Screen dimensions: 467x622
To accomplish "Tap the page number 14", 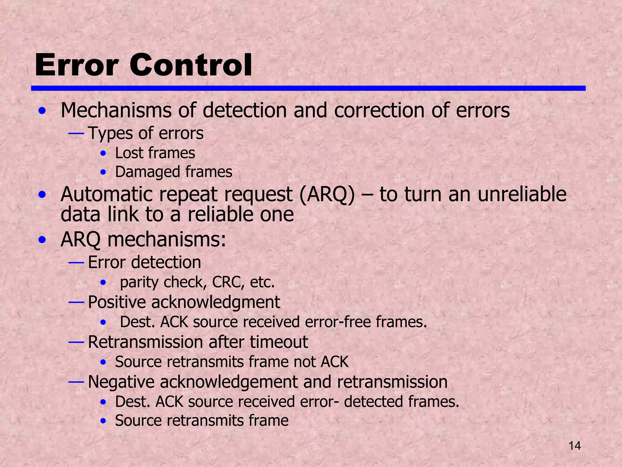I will tap(574, 446).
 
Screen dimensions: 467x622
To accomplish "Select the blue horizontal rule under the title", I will tap(308, 88).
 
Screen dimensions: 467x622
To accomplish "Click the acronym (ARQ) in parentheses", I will tap(327, 194).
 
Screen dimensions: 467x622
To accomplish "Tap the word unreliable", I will tap(522, 194).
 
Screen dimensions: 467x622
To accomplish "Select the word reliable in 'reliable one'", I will tap(220, 214).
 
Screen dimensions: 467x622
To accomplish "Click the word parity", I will tap(139, 282).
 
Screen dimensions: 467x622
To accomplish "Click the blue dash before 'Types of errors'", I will tap(76, 133).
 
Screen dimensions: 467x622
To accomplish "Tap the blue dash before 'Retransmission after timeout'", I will tap(76, 342).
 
